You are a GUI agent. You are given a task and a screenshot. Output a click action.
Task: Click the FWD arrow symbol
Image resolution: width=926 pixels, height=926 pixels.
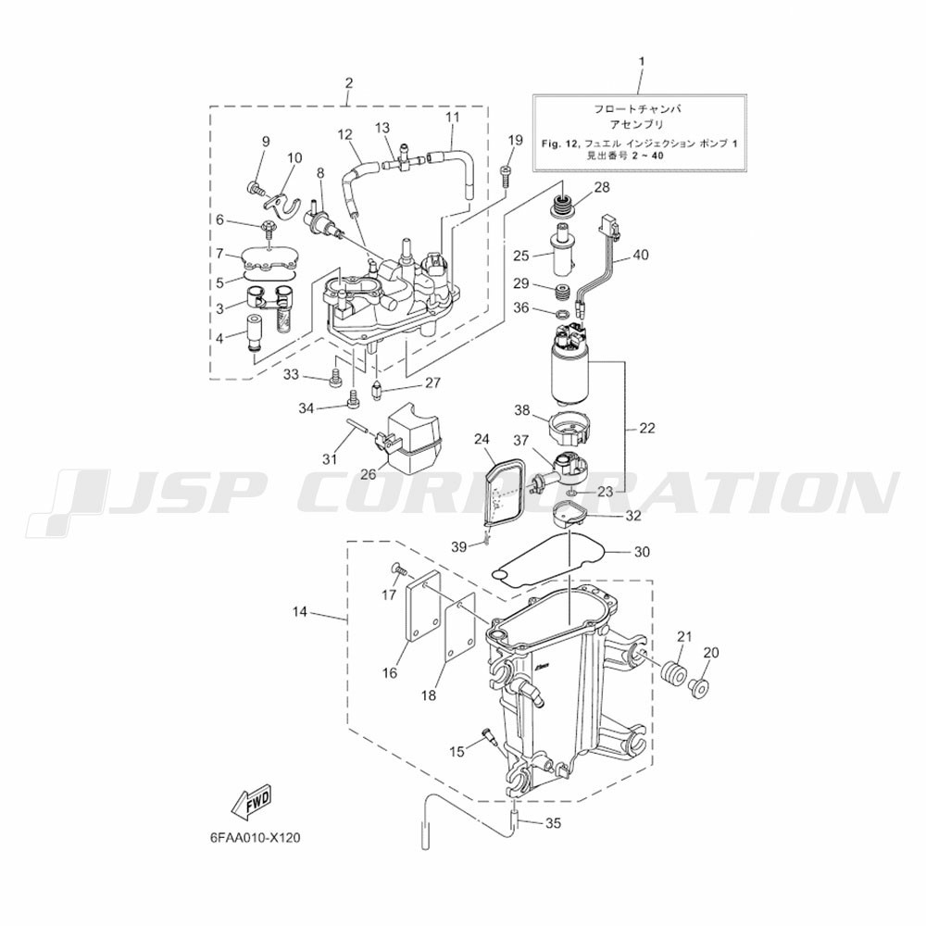coord(252,806)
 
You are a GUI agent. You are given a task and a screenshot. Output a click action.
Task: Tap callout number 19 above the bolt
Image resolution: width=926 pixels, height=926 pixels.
coord(515,140)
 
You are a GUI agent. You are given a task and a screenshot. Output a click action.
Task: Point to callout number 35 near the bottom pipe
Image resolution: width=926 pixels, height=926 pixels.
coord(553,821)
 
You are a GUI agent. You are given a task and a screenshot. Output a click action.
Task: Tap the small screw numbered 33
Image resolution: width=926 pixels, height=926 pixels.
coord(335,376)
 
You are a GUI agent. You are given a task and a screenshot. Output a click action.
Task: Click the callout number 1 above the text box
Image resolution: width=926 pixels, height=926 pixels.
coord(642,61)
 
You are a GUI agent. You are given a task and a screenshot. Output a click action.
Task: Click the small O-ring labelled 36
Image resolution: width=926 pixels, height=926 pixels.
coord(563,311)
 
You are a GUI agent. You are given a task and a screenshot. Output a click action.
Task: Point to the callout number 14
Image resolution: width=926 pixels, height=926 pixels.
coord(299,612)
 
